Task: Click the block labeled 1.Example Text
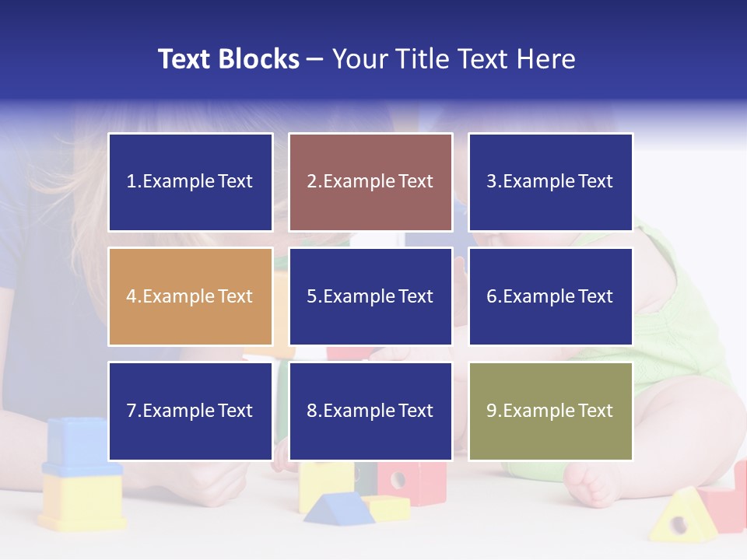(190, 182)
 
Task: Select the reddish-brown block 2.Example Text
(370, 182)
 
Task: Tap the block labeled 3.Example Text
(550, 182)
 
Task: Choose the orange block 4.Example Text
(190, 296)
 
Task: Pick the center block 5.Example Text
(370, 296)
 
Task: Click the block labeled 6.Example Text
(550, 296)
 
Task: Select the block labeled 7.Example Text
(190, 411)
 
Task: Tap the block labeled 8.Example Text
(370, 411)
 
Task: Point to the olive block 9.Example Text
(550, 411)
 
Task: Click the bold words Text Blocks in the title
(229, 59)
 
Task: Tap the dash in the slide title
(315, 59)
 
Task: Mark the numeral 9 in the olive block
(491, 411)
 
